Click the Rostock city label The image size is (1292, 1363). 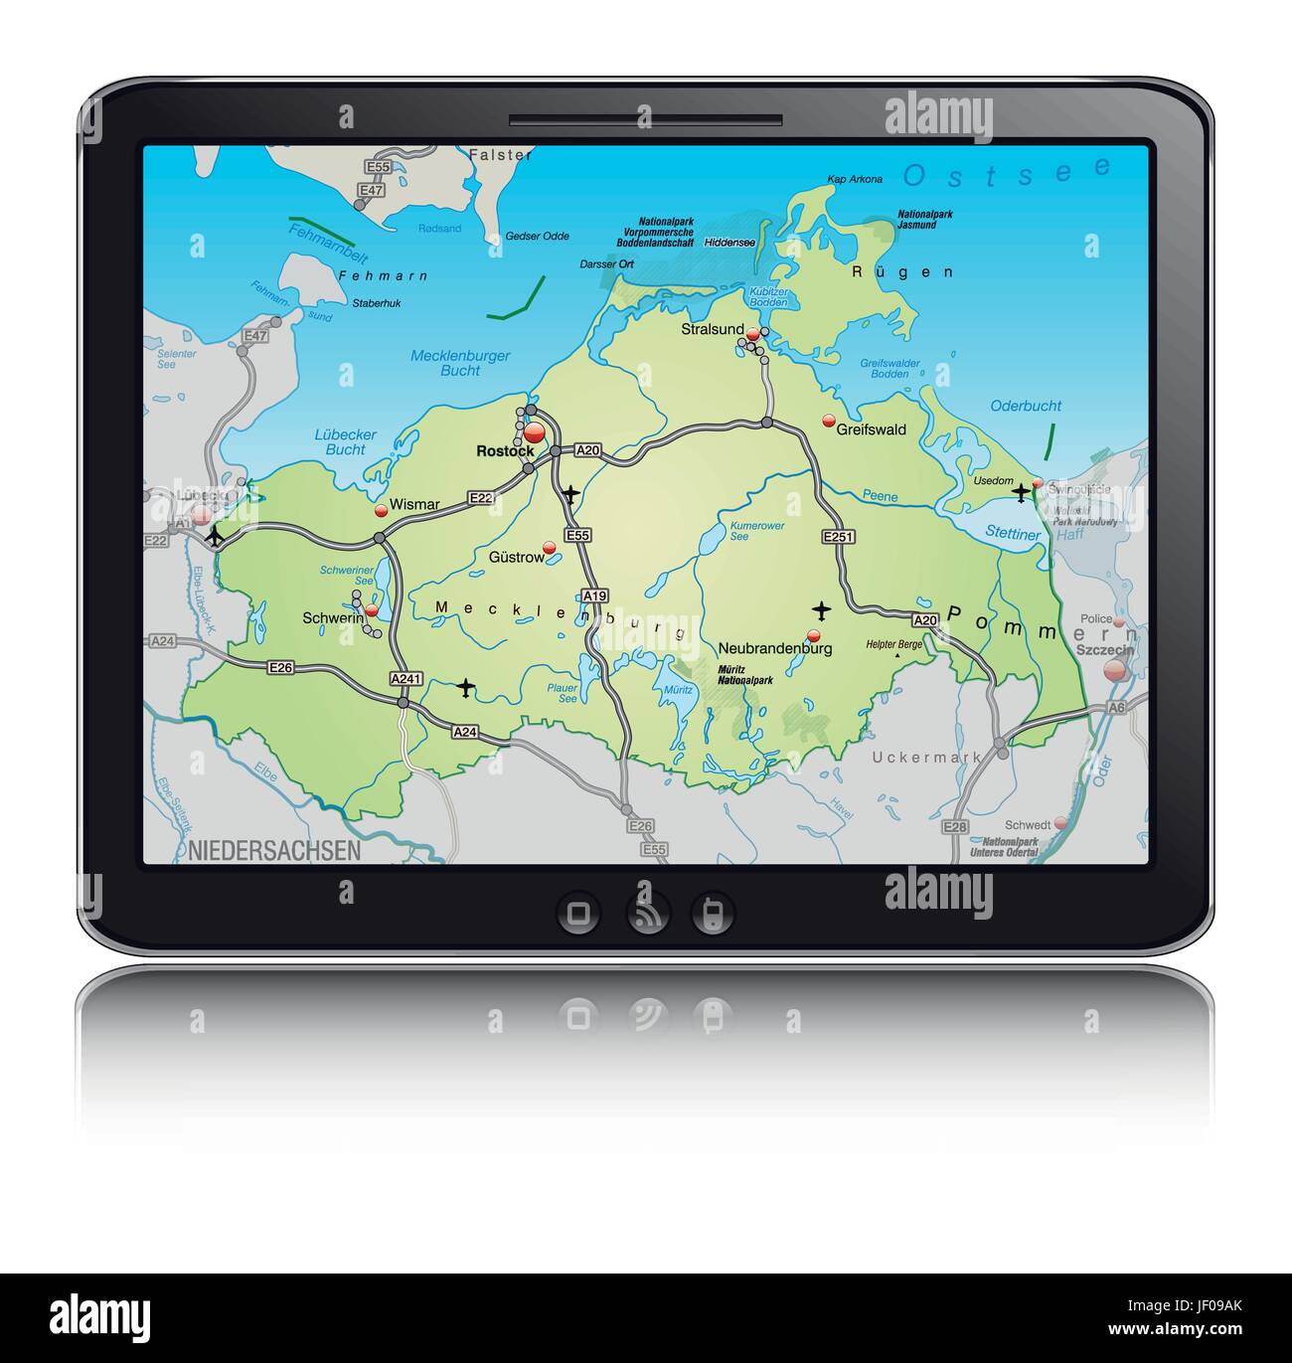(505, 451)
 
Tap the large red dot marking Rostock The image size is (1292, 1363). (535, 431)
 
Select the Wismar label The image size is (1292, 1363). (414, 505)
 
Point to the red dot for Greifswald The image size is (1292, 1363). (828, 421)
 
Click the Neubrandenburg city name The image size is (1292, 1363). (775, 648)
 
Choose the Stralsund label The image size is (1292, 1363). (713, 329)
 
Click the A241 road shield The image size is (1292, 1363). (406, 679)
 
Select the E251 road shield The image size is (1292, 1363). (838, 536)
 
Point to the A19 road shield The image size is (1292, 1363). (594, 596)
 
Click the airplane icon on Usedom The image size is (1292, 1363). (1021, 491)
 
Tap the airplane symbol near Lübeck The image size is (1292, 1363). (215, 537)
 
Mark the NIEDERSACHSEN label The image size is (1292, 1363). (274, 851)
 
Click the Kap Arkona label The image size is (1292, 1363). (855, 180)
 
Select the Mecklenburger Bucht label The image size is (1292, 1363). (460, 363)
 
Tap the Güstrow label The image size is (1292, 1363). (517, 558)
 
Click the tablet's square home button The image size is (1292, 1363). (578, 912)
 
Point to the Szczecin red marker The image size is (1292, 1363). (1115, 670)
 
